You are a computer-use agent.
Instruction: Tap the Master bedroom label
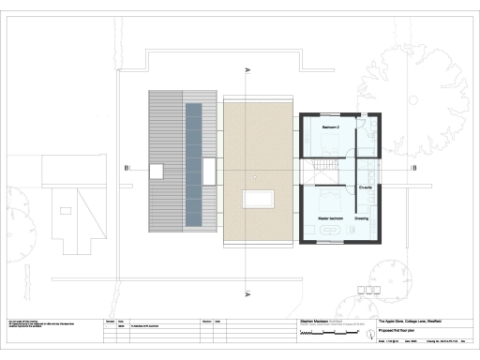(331, 217)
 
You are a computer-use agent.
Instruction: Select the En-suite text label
(367, 187)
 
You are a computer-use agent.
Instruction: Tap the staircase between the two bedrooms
(321, 170)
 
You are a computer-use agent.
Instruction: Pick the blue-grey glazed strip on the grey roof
(192, 164)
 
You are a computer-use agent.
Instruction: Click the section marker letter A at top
(247, 70)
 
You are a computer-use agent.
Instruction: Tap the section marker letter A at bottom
(247, 294)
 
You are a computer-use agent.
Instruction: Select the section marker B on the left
(125, 169)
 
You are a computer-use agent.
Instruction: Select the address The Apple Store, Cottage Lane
(402, 320)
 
